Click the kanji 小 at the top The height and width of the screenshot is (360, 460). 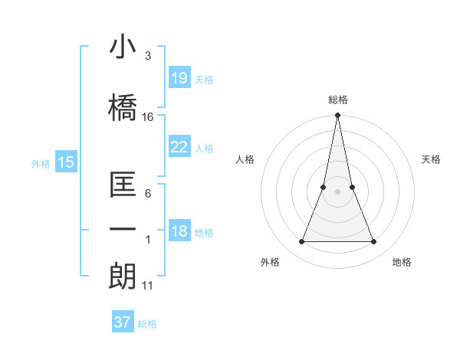pos(123,48)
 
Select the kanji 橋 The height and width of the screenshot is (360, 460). pos(123,107)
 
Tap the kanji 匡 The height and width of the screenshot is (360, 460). pos(123,186)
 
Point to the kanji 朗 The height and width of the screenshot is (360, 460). pos(123,277)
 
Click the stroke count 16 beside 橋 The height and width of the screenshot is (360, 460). pos(148,117)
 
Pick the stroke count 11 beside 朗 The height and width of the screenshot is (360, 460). pos(148,286)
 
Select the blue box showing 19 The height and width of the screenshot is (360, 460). pos(179,78)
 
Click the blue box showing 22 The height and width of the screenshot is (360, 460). pos(179,147)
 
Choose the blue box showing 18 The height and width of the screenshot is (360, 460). pos(179,232)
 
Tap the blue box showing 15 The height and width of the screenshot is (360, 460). pos(65,162)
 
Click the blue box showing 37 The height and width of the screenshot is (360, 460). pos(123,322)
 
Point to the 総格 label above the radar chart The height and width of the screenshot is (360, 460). pos(338,100)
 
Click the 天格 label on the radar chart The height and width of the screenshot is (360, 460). pos(432,159)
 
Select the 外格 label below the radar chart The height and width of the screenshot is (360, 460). pos(270,263)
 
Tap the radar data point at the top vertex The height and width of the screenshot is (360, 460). pos(337,116)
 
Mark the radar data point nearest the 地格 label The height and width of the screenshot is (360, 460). pos(374,242)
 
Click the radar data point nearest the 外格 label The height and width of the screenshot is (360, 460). pos(301,242)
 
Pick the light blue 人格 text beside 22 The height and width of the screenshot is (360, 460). pos(204,148)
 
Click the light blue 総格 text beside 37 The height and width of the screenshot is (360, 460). pos(147,324)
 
